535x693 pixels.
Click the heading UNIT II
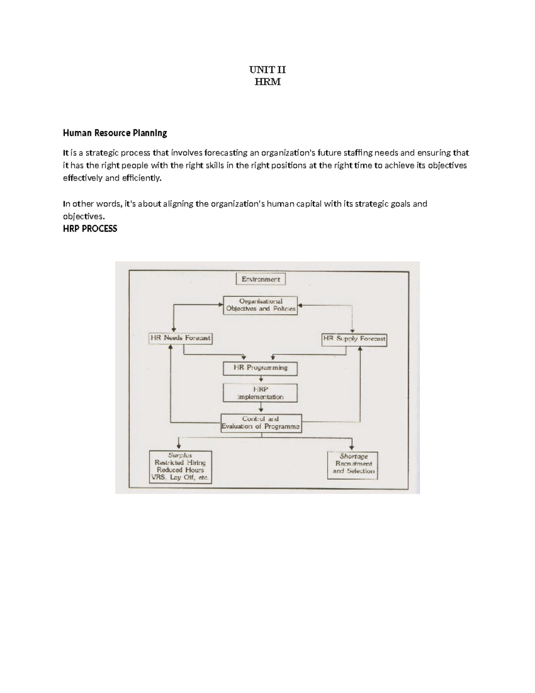point(267,70)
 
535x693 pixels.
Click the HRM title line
point(267,82)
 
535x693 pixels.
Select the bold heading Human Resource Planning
point(115,133)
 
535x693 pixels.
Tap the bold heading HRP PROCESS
point(90,228)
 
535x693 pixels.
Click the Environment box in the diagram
point(260,279)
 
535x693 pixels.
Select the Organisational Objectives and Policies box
point(260,305)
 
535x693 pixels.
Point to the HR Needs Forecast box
point(180,338)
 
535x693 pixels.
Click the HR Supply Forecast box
point(354,339)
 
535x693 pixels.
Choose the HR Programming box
point(260,368)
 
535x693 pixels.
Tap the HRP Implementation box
point(260,393)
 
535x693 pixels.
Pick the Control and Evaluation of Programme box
point(261,423)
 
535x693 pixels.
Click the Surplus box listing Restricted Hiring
point(180,467)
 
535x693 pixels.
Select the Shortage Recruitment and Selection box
point(353,465)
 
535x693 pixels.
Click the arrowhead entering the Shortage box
point(352,448)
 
